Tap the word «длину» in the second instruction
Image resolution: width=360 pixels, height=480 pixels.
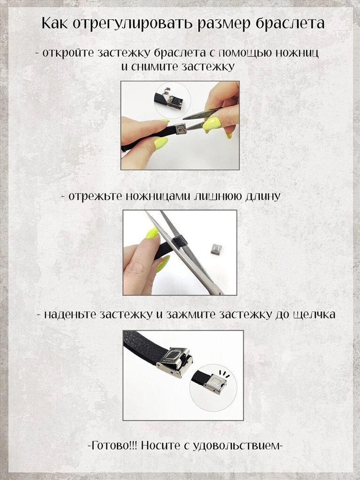coord(263,197)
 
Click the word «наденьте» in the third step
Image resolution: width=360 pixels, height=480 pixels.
coord(71,314)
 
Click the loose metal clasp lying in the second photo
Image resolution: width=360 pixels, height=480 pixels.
coord(216,249)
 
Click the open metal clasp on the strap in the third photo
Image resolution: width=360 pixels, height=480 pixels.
coord(175,363)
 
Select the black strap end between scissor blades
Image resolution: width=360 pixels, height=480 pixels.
coord(180,241)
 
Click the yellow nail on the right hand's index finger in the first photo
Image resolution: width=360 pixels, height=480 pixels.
coord(212,123)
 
